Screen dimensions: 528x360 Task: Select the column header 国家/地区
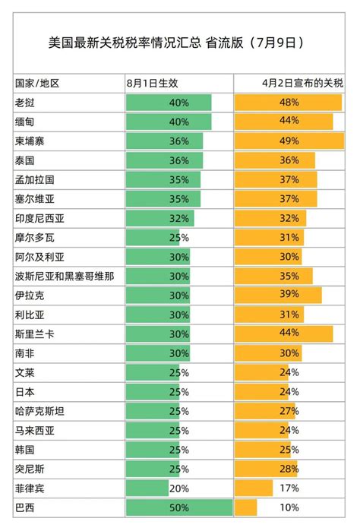pyautogui.click(x=37, y=83)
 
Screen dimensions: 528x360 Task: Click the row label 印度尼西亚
pyautogui.click(x=40, y=218)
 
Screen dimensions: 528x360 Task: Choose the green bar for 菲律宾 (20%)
pyautogui.click(x=147, y=488)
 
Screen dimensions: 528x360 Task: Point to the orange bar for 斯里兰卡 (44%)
pyautogui.click(x=284, y=334)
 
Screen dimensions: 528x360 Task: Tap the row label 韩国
pyautogui.click(x=24, y=450)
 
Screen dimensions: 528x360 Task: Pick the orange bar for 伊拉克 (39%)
pyautogui.click(x=278, y=295)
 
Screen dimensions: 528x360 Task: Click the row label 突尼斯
pyautogui.click(x=30, y=469)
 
